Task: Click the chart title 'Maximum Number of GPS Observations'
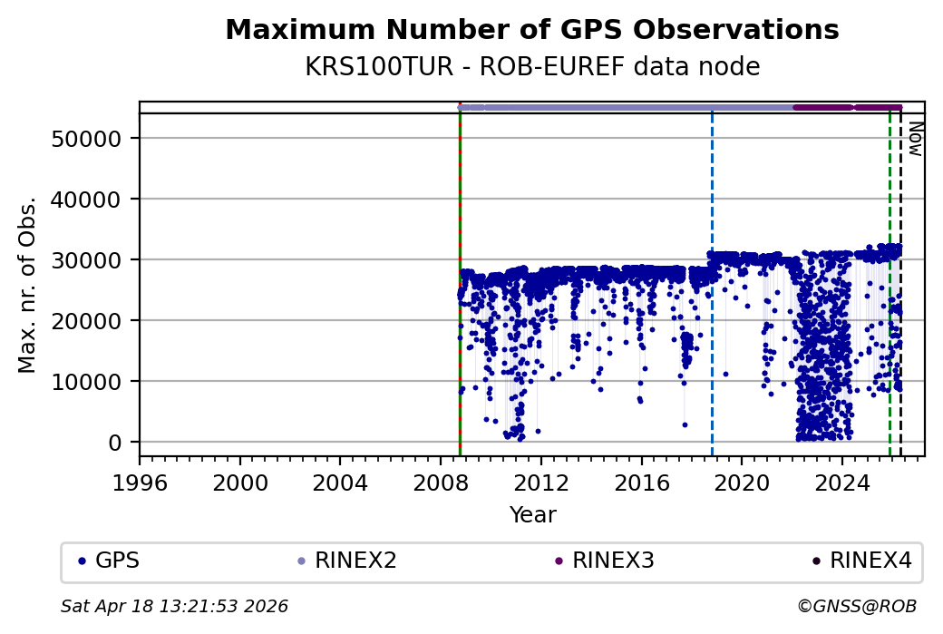531,30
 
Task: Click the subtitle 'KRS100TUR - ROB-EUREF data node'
531,67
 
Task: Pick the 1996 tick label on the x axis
140,481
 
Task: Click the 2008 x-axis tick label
441,481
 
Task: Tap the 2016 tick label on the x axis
641,481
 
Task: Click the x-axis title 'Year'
532,515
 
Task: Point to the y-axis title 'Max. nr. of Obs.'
27,284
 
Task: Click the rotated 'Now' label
915,138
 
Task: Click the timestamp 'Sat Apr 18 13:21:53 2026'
174,606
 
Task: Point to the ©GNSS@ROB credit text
856,606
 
